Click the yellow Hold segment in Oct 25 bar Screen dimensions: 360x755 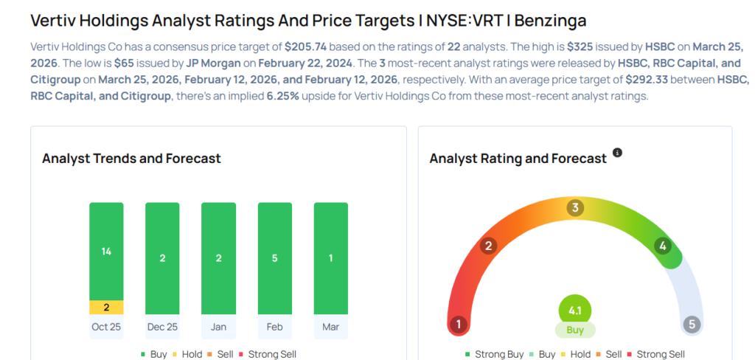[106, 307]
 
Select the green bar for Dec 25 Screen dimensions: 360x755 [162, 258]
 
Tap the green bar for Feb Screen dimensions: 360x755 [274, 258]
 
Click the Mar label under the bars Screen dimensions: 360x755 [330, 326]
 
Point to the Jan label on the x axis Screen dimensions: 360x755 [218, 326]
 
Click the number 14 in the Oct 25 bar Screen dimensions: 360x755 [106, 252]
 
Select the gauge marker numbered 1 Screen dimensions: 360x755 [459, 324]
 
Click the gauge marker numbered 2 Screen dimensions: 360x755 [487, 246]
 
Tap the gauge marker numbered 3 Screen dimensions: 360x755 [574, 208]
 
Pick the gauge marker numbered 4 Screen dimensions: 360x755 [663, 246]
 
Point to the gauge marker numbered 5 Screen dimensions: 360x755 [691, 324]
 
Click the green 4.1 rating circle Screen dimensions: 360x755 [575, 311]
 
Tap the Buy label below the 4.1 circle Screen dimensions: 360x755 [575, 330]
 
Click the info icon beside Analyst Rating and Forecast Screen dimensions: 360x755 [618, 153]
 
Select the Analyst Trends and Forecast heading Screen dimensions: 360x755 [131, 159]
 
